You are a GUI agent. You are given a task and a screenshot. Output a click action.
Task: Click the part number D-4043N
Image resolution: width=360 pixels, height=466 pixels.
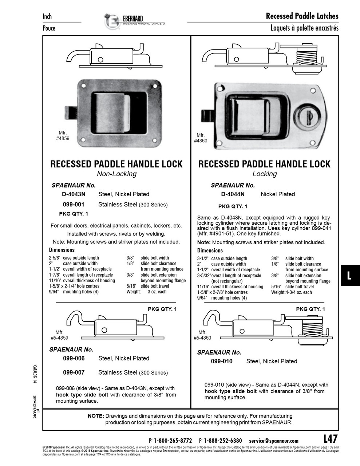click(74, 194)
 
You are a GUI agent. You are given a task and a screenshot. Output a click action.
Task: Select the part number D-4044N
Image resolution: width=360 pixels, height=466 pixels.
click(233, 194)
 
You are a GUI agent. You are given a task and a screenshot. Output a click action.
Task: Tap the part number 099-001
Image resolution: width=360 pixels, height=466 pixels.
click(74, 205)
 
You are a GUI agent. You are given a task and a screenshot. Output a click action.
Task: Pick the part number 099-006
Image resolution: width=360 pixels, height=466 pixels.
click(74, 358)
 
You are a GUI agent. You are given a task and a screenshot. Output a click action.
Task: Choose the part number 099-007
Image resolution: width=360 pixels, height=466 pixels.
click(74, 372)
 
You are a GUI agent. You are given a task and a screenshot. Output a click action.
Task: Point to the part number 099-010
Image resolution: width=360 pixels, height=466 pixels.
click(221, 361)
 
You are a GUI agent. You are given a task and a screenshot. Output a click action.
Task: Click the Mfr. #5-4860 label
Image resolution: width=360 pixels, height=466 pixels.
click(202, 335)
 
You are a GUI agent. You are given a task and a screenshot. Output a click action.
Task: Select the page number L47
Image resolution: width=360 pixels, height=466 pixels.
click(330, 438)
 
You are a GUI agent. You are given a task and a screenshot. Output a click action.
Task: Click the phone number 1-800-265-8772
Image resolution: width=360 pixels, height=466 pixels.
click(173, 441)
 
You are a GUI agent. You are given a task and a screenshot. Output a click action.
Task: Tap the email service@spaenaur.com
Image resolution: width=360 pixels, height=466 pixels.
click(274, 441)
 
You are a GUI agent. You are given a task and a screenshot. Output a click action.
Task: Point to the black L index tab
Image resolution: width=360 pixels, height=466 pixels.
click(350, 276)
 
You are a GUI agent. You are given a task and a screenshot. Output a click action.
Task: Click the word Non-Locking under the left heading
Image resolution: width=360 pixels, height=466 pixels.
click(116, 174)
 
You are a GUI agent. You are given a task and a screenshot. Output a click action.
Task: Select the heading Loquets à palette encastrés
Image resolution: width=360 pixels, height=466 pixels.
click(304, 28)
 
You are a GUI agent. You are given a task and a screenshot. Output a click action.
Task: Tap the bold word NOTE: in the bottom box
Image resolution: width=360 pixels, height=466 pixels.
click(96, 416)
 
